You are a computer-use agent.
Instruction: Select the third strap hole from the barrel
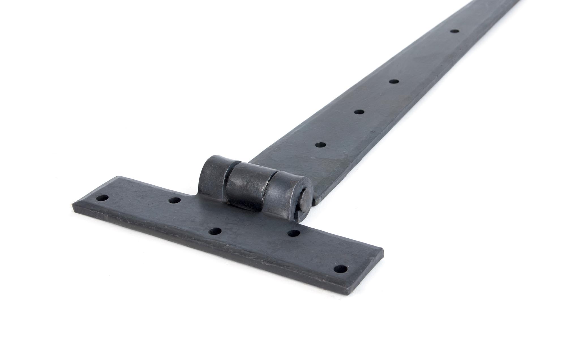pyautogui.click(x=393, y=82)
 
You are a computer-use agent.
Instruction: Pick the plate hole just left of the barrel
pyautogui.click(x=175, y=200)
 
